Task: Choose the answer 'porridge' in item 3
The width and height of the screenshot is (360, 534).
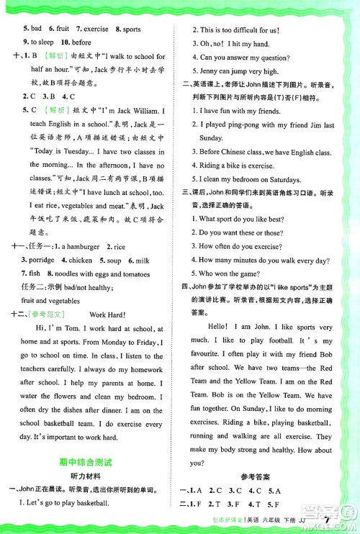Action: pos(40,260)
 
